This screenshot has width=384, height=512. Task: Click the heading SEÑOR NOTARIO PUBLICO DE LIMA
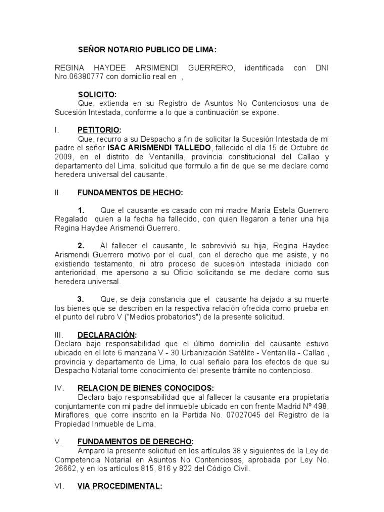[147, 50]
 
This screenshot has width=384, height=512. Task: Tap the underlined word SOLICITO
[96, 94]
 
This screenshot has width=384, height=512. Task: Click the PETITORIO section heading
[99, 130]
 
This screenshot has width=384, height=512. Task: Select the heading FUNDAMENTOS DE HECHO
[130, 192]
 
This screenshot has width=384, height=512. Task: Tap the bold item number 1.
[81, 210]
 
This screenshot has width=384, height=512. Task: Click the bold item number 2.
[81, 245]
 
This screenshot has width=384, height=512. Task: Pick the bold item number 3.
[81, 299]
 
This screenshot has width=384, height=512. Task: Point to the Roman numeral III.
[58, 335]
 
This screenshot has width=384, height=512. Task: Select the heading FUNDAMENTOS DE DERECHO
[134, 441]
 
